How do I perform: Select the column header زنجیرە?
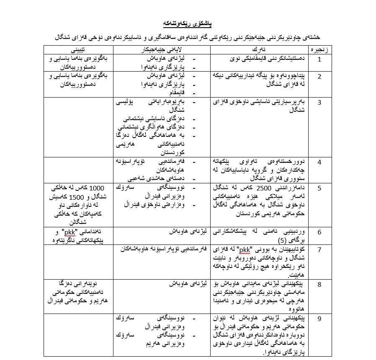[x=319, y=50]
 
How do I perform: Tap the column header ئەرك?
[x=252, y=50]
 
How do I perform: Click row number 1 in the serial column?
[x=319, y=59]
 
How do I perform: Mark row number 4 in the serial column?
[x=319, y=162]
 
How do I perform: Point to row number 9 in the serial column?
[x=319, y=319]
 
